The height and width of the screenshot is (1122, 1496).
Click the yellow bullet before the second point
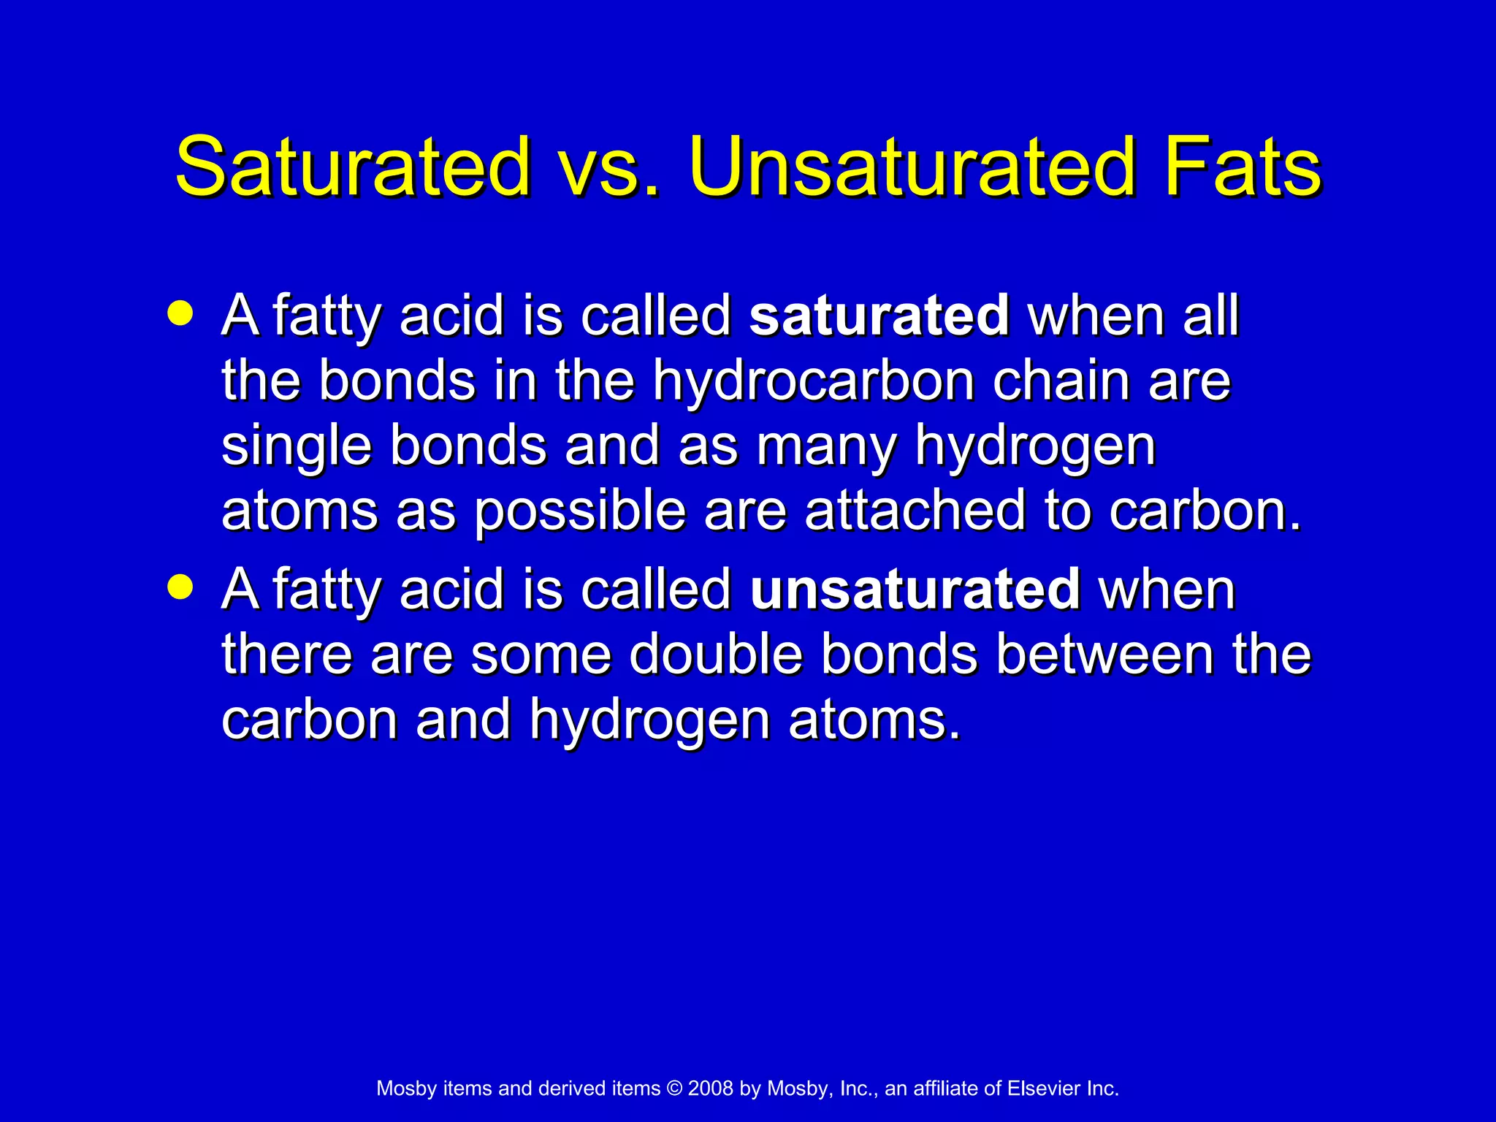click(x=180, y=587)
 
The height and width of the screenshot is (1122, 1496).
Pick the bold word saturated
click(x=879, y=316)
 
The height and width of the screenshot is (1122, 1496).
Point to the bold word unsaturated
click(x=915, y=589)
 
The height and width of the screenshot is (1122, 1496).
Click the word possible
click(x=580, y=511)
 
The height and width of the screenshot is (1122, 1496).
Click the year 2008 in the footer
click(x=710, y=1088)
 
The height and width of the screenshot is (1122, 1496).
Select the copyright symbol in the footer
click(x=674, y=1088)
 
